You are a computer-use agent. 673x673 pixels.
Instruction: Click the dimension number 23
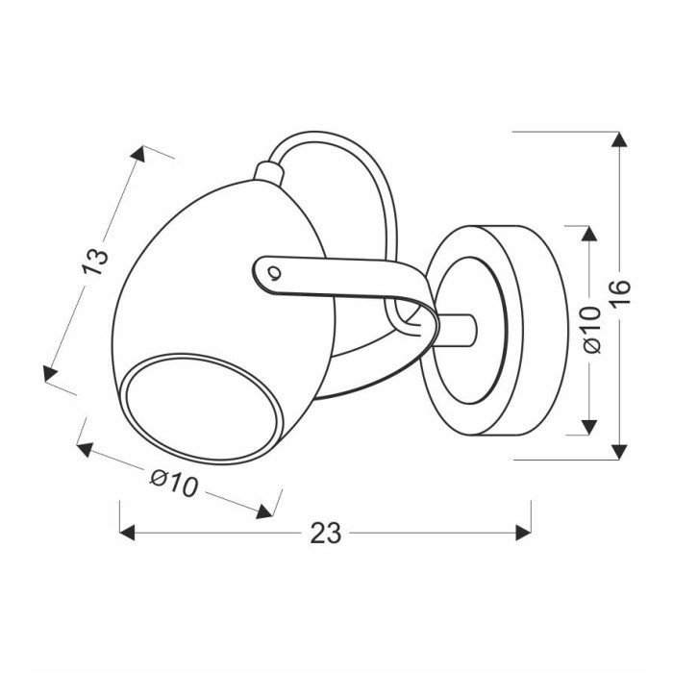[x=326, y=533]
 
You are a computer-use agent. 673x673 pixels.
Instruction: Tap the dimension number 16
[x=620, y=292]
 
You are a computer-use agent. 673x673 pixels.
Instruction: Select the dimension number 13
[x=95, y=261]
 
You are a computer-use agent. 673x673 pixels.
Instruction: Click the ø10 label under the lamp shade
[x=175, y=483]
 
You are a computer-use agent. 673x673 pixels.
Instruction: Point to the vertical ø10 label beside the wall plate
[x=593, y=330]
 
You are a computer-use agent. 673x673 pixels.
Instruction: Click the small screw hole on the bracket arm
[x=273, y=272]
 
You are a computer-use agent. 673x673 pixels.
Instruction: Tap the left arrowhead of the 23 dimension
[x=128, y=533]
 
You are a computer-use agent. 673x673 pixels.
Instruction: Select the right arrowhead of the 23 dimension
[x=524, y=533]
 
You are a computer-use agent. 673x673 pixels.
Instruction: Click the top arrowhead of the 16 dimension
[x=619, y=139]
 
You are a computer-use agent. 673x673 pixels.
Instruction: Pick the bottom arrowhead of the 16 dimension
[x=619, y=452]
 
